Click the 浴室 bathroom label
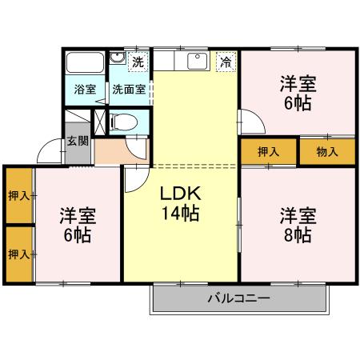85,90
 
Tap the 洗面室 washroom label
129,90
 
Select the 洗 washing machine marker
138,62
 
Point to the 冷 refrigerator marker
226,62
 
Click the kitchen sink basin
198,61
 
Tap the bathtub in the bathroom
85,62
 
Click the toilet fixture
124,122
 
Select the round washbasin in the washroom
118,58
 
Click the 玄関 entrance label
78,141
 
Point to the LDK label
180,194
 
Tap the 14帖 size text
181,214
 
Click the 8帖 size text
298,234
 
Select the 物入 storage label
327,152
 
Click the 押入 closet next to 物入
269,152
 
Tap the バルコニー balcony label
238,298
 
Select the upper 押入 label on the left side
19,196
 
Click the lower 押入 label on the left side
19,254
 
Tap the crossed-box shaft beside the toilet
100,122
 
